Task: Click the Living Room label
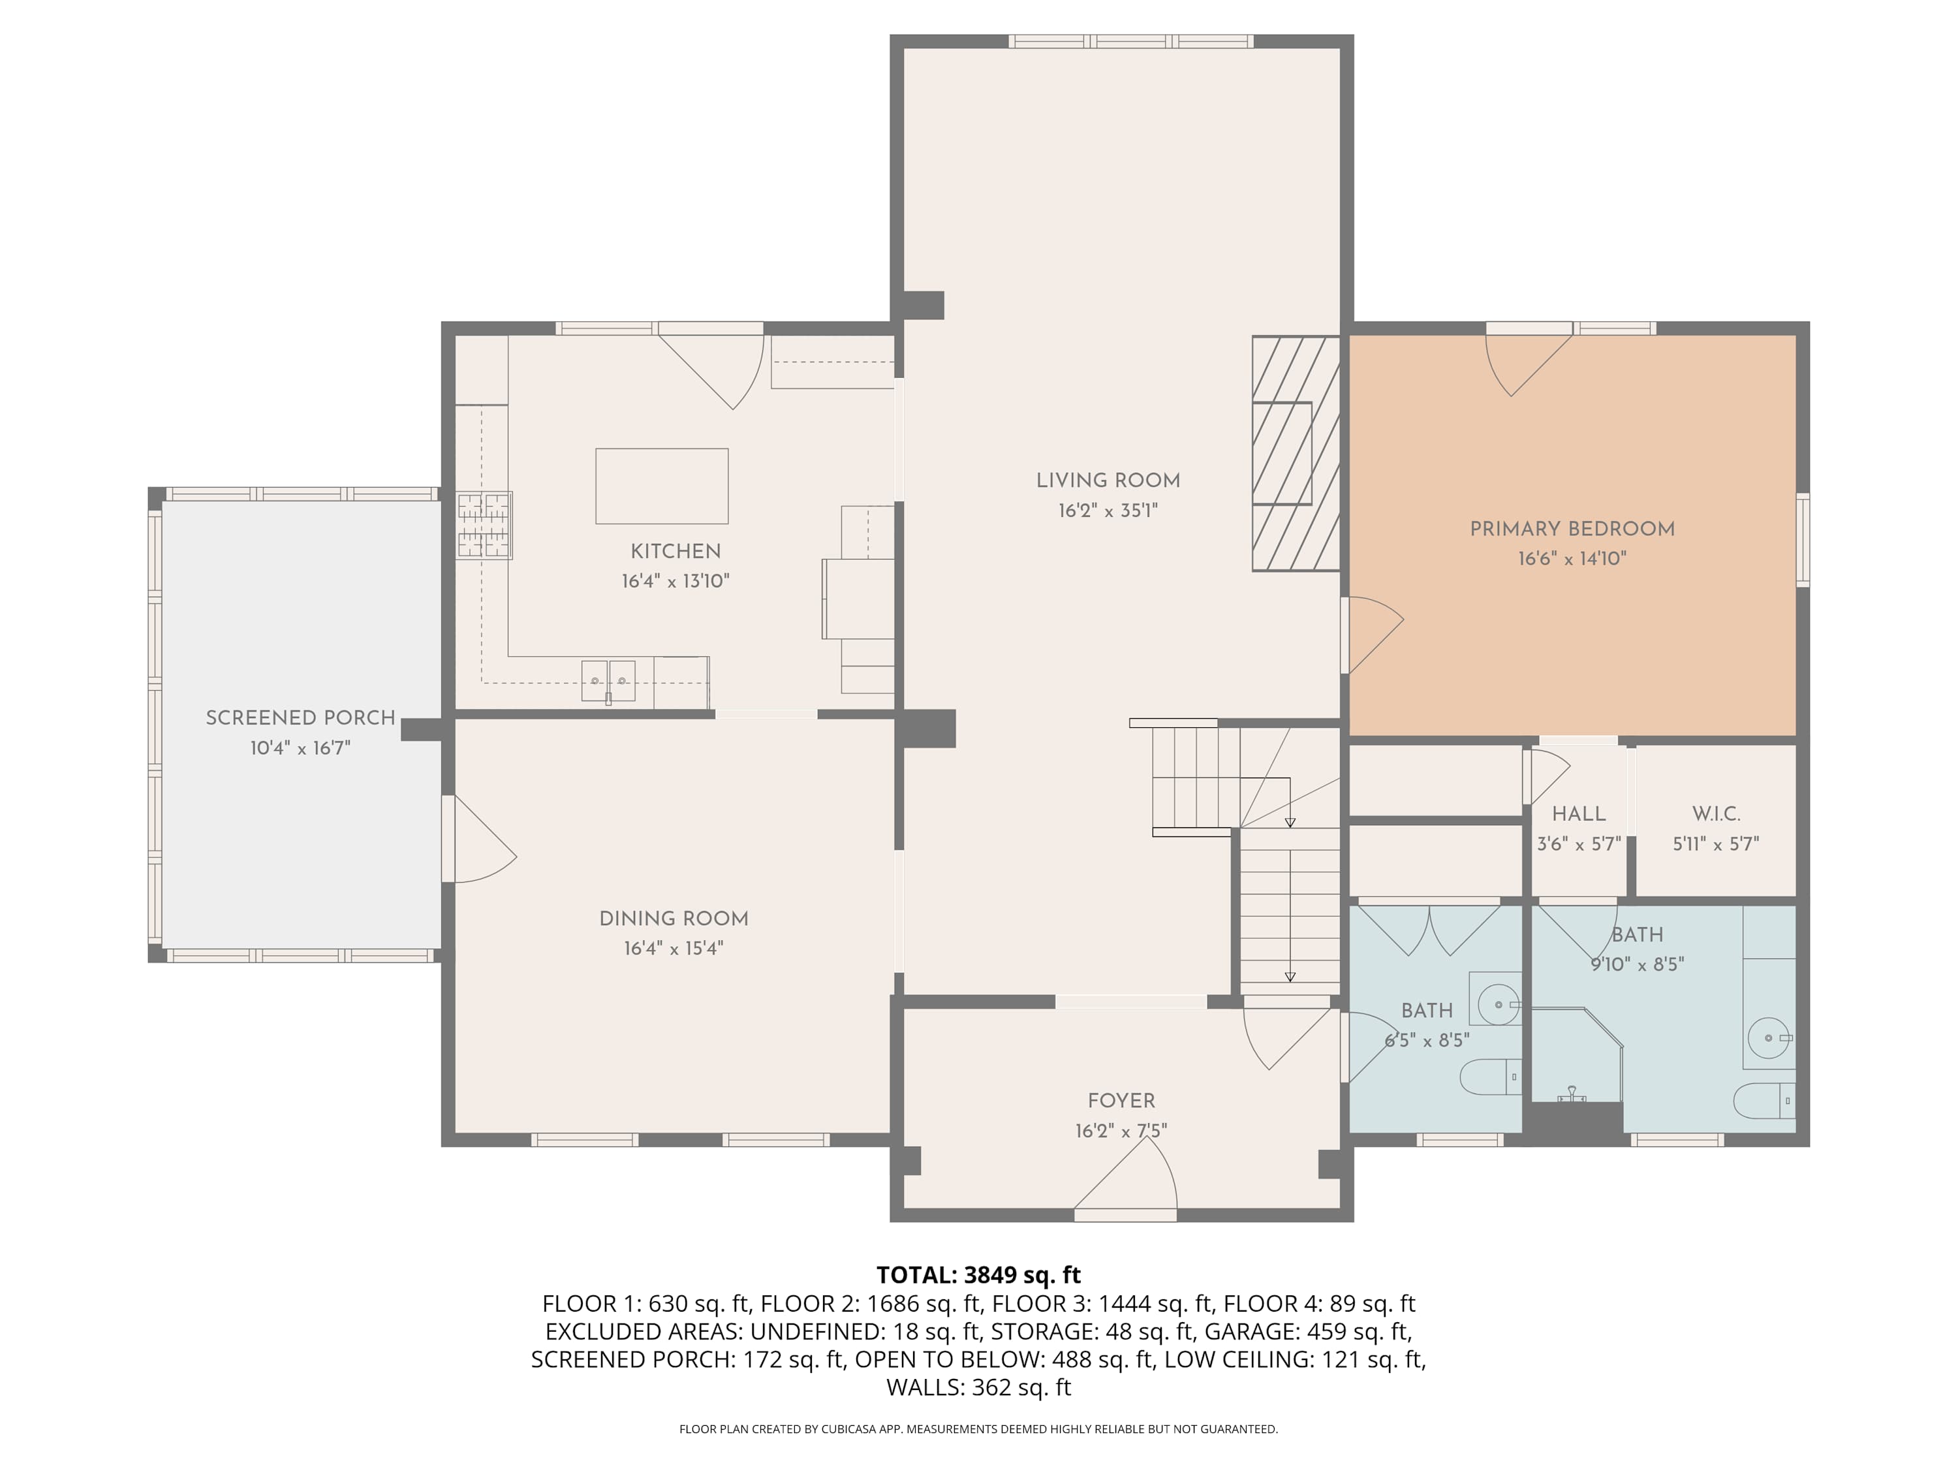(1108, 481)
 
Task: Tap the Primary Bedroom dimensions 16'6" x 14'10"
(1572, 559)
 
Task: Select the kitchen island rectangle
(662, 486)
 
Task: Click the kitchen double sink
(608, 681)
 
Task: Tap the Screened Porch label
(301, 718)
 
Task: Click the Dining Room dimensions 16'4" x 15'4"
(674, 949)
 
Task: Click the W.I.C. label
(1717, 813)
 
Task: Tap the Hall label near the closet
(1579, 813)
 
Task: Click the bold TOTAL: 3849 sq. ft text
(979, 1275)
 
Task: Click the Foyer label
(1121, 1101)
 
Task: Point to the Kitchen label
(676, 552)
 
